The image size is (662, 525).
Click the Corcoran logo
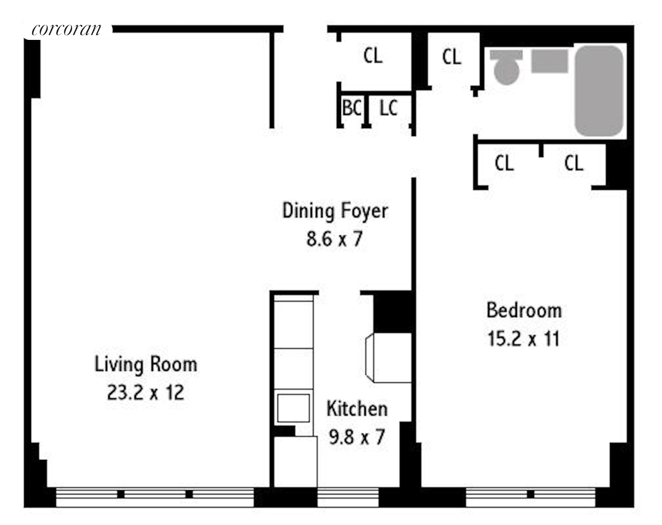tap(66, 30)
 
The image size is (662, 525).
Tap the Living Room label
tap(146, 365)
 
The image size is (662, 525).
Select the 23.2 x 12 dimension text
tap(146, 393)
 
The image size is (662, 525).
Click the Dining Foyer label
tap(335, 211)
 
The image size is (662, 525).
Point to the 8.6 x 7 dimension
tap(334, 239)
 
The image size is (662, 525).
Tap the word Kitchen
tap(357, 409)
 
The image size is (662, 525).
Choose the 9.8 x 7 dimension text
tap(357, 437)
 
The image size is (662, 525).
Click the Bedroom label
tap(524, 310)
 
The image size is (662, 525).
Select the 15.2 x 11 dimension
tap(524, 339)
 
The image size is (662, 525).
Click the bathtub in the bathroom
tap(599, 91)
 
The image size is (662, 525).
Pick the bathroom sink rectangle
tap(550, 61)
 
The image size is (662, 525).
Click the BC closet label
tap(352, 108)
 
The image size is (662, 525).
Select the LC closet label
tap(388, 108)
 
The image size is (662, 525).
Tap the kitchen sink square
tap(294, 408)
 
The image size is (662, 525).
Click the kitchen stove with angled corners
tap(388, 358)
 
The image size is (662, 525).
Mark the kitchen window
tap(348, 497)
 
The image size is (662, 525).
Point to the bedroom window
tap(531, 497)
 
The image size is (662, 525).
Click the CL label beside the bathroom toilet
tap(452, 57)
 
